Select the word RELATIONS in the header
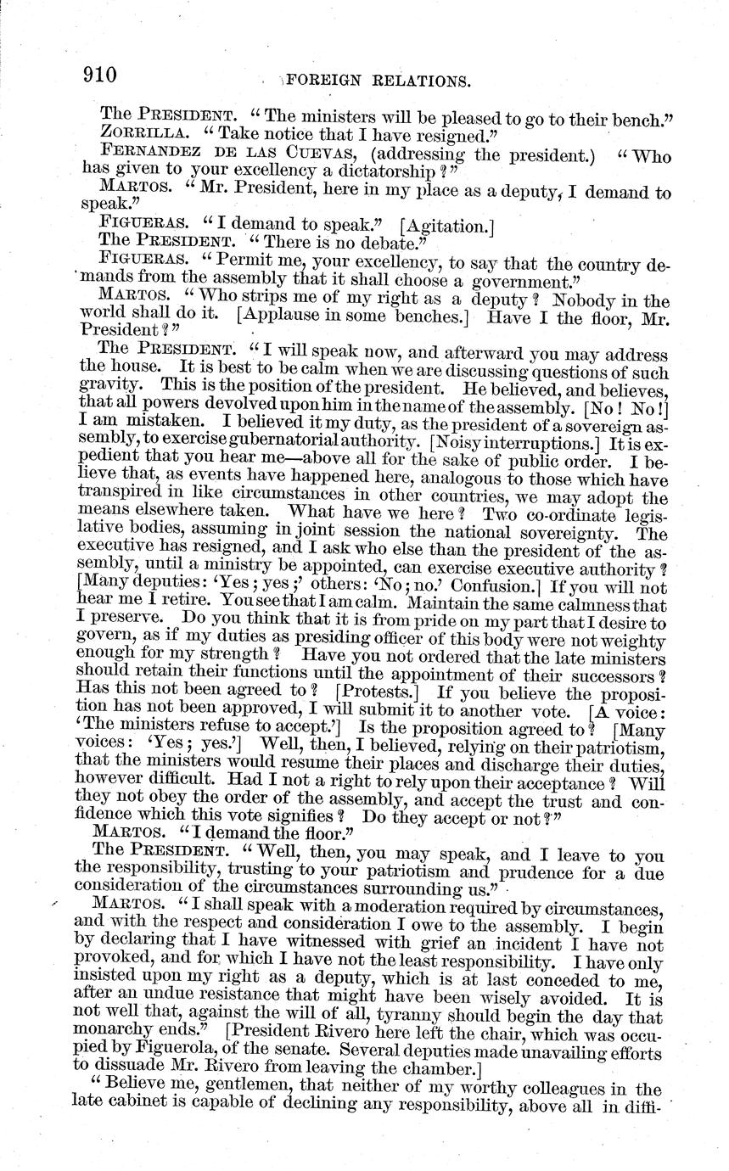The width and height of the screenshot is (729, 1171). [x=422, y=81]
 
